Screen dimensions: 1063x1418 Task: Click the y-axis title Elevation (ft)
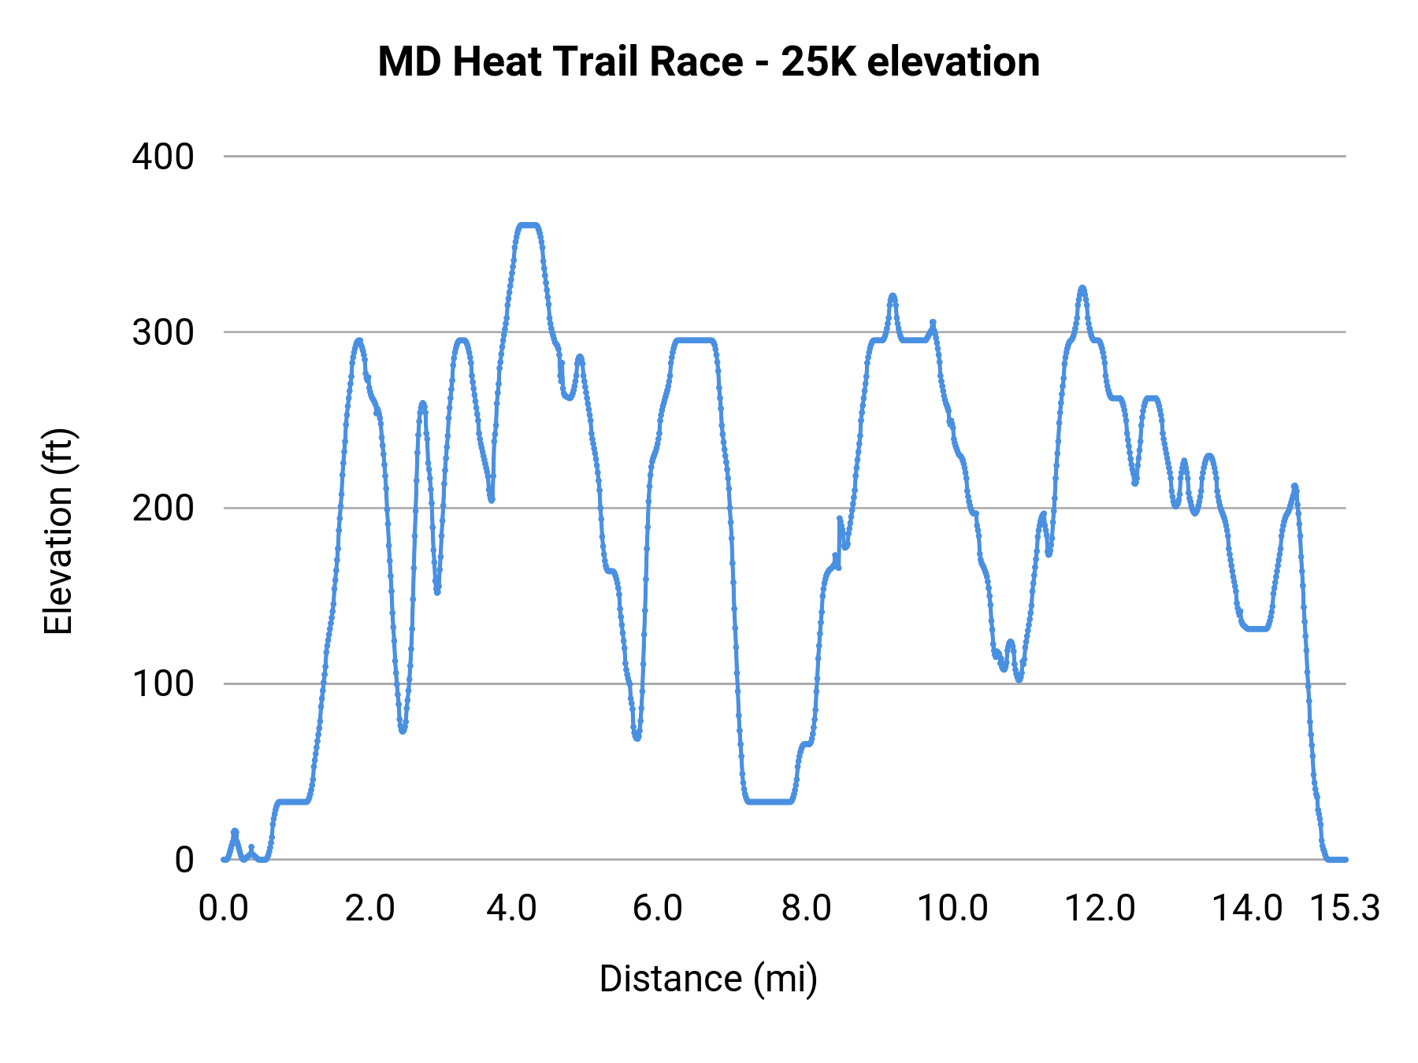click(x=58, y=531)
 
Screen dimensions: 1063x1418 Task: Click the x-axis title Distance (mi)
click(x=708, y=979)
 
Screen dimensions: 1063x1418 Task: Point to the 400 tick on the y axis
click(x=163, y=157)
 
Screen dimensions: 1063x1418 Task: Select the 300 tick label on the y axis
click(x=163, y=332)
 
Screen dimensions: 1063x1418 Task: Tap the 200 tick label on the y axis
click(x=163, y=508)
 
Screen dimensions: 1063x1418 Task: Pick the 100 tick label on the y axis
click(x=163, y=683)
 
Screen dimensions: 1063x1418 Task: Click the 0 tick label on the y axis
click(x=184, y=860)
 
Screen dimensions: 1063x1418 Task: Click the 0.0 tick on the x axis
click(x=224, y=908)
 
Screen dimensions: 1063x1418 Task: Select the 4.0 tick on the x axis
click(x=512, y=908)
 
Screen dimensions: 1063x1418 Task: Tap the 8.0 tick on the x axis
click(x=807, y=908)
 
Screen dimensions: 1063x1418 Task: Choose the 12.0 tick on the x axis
click(x=1100, y=908)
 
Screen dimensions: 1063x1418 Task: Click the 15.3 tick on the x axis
click(x=1345, y=908)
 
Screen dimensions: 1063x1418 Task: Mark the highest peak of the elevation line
click(x=528, y=225)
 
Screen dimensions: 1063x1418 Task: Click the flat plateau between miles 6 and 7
click(x=693, y=340)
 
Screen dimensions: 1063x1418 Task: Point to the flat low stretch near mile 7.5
click(x=768, y=801)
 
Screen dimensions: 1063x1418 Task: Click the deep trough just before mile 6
click(x=637, y=737)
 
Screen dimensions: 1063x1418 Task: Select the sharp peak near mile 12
click(x=1082, y=288)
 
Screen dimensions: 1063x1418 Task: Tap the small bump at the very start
click(x=234, y=832)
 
